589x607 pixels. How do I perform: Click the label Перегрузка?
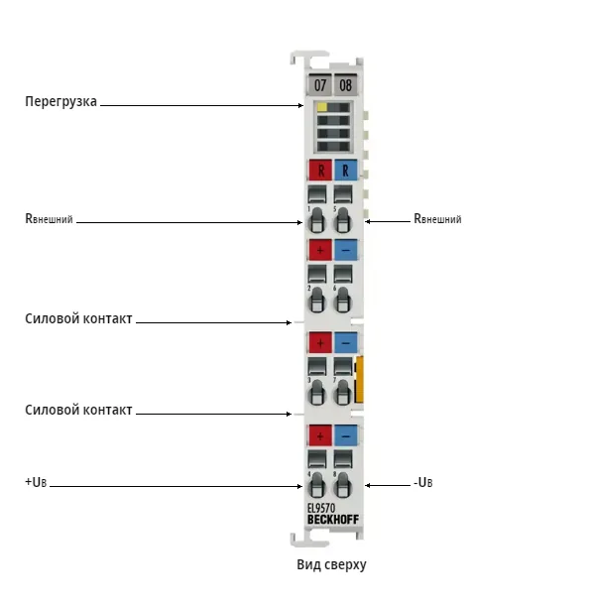(60, 101)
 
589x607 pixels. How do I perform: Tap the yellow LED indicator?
(322, 107)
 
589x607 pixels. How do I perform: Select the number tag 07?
(319, 84)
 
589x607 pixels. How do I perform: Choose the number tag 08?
(346, 84)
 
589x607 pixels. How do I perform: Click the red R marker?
(320, 170)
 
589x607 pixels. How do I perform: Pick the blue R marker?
(346, 170)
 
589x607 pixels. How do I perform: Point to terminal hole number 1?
(316, 220)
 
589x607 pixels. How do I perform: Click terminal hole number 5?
(342, 220)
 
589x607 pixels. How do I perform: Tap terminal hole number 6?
(342, 300)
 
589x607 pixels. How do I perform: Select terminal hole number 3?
(316, 392)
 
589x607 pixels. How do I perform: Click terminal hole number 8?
(342, 485)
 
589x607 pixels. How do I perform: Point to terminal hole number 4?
(316, 485)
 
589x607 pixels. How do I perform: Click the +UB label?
(36, 482)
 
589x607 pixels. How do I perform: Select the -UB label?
(423, 483)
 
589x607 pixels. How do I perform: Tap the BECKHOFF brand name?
(333, 520)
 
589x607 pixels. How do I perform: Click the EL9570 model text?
(321, 508)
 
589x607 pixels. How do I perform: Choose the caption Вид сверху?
(331, 565)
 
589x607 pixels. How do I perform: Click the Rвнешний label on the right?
(437, 219)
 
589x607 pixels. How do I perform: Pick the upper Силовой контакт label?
(78, 318)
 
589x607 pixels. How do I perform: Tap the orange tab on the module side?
(359, 380)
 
